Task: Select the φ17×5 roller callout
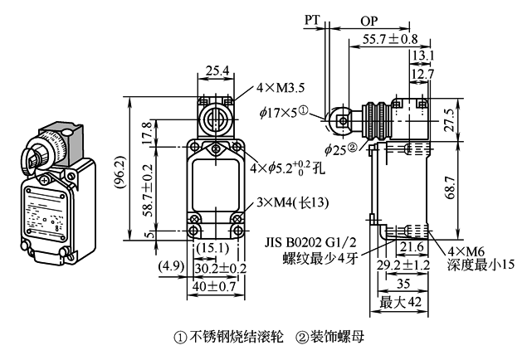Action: click(x=281, y=110)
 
